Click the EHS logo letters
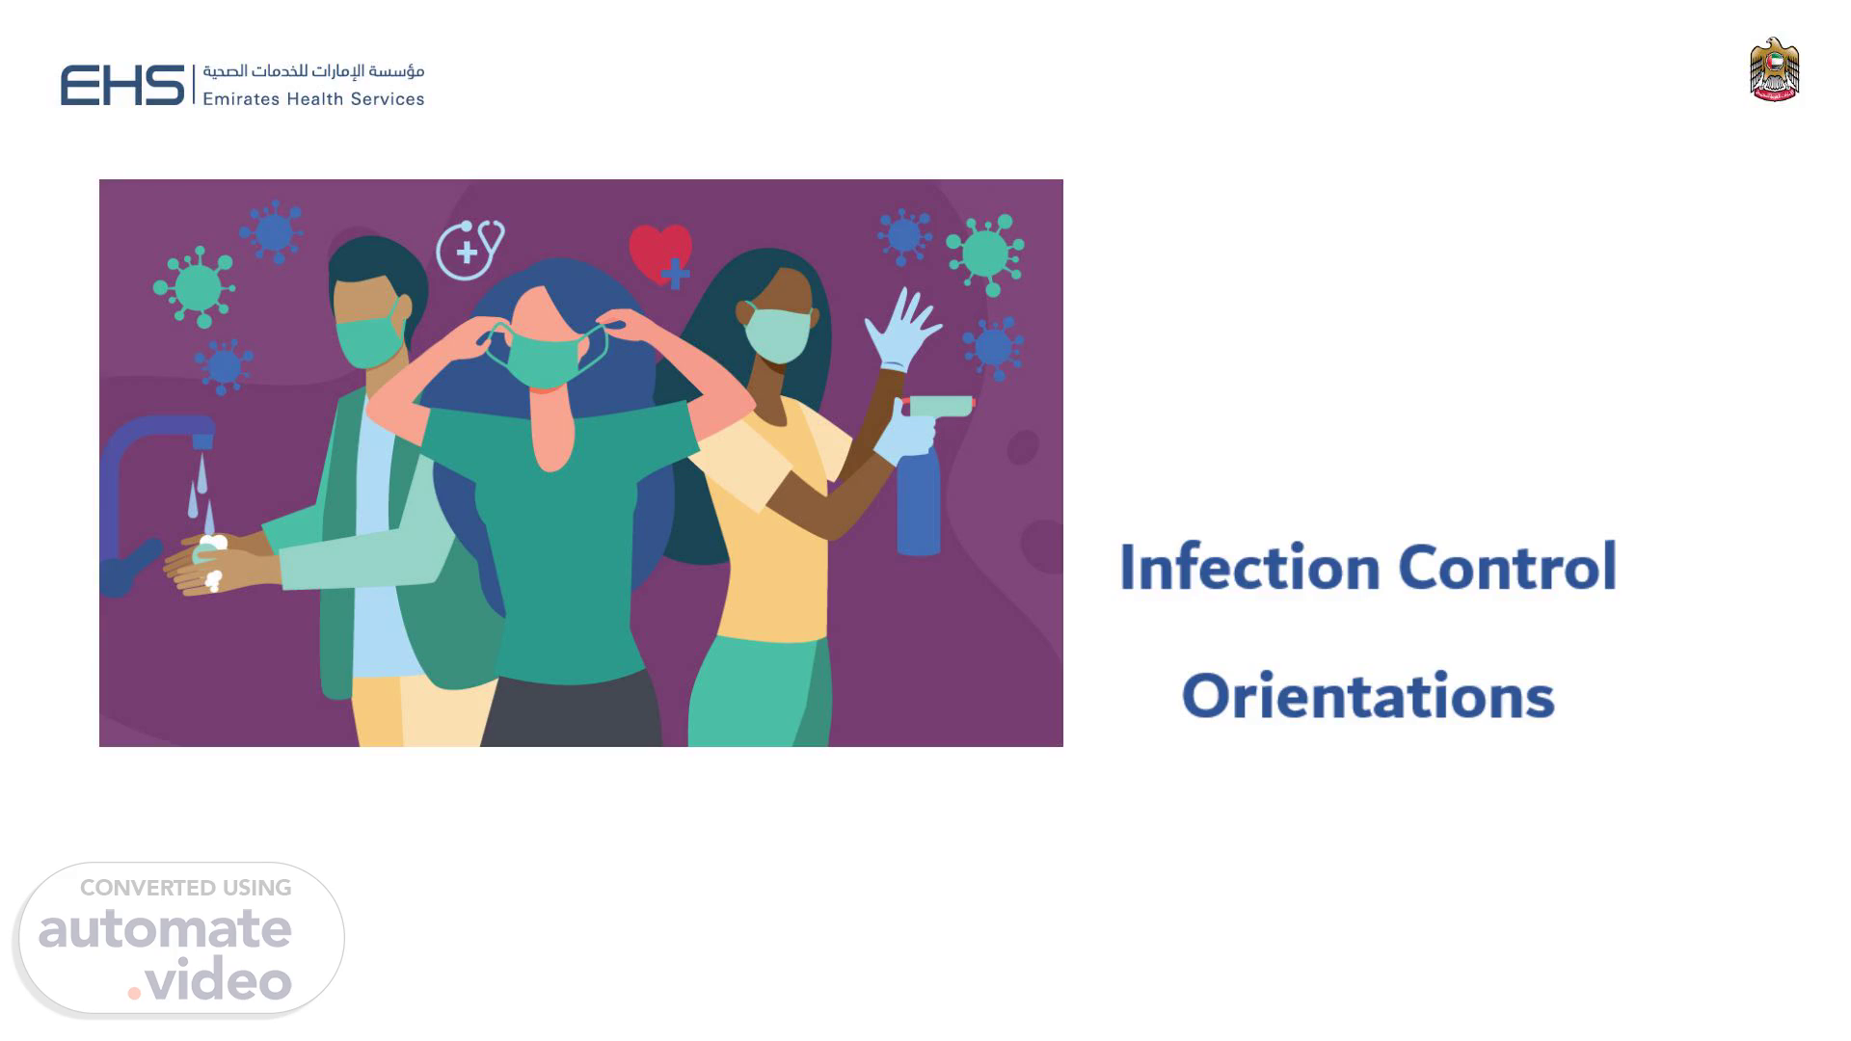click(122, 85)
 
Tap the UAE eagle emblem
click(1774, 69)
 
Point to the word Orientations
click(1368, 696)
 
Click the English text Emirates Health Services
click(313, 98)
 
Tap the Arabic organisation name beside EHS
click(313, 71)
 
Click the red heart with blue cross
click(661, 255)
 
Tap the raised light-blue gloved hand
click(901, 329)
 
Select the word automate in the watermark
click(165, 929)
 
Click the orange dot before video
click(134, 992)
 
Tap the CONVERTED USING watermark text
click(186, 888)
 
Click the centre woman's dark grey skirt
click(571, 708)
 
